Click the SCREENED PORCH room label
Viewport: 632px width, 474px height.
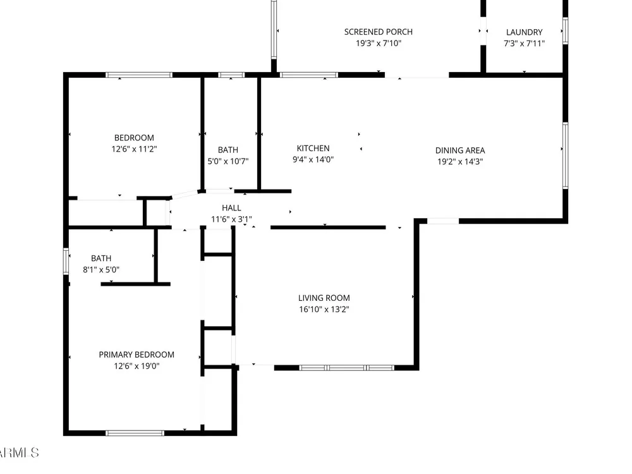pos(378,32)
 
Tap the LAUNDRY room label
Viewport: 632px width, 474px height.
pos(524,32)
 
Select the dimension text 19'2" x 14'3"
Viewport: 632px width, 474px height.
pos(460,162)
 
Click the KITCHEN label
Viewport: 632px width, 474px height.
pos(313,149)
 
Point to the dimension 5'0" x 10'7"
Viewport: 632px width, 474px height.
pos(228,161)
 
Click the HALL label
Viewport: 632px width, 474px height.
pos(231,208)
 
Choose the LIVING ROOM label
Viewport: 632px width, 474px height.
pos(324,298)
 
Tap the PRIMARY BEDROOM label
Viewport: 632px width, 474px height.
pos(137,355)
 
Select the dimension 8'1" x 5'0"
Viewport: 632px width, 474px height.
pos(101,270)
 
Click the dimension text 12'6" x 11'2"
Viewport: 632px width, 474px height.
pos(134,149)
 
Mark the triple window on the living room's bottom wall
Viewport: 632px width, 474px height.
pos(346,368)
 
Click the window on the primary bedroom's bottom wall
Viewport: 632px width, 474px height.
pos(135,433)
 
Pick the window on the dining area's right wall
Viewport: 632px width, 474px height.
pos(565,155)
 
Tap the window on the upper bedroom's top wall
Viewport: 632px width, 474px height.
pos(139,75)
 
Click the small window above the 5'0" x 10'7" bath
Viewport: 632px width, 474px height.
pos(231,75)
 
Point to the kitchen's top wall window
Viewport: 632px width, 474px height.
pos(309,75)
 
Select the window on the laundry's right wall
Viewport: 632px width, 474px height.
pos(565,30)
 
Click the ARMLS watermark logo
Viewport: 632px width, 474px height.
pos(19,453)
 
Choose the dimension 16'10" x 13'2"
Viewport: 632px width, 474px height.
pos(324,310)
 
